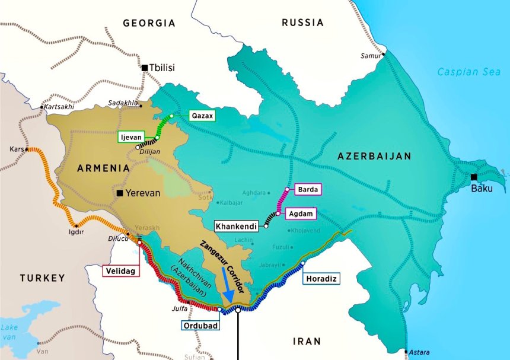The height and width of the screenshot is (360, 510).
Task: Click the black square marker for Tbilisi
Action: coord(145,68)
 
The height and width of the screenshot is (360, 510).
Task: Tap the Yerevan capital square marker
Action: coord(120,193)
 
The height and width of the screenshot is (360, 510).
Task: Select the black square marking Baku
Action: coord(473,177)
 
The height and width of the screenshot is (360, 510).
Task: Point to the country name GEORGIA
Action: coord(149,23)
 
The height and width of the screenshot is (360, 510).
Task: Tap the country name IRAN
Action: coord(308,341)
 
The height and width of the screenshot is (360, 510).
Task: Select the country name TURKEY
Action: coord(42,278)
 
